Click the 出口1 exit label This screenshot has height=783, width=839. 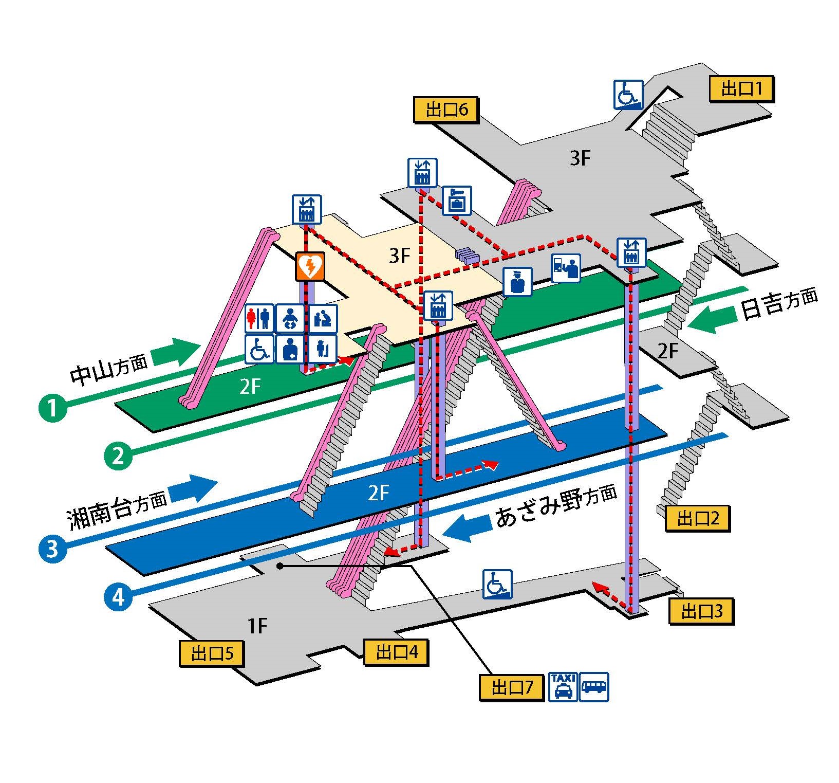(740, 89)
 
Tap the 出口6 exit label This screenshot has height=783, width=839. (446, 110)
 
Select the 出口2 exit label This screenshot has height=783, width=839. (697, 518)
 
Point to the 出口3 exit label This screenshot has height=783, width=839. (701, 611)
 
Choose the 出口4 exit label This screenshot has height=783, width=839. (396, 652)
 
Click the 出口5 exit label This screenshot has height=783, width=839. (211, 653)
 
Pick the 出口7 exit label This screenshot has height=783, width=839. (511, 687)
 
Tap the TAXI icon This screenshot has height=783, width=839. (563, 686)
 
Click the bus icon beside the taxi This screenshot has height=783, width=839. (594, 686)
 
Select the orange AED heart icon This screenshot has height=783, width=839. (310, 266)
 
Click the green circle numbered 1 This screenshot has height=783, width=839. (52, 408)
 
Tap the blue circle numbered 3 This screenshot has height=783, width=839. (52, 549)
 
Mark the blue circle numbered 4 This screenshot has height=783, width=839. (118, 596)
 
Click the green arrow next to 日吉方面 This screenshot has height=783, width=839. (709, 320)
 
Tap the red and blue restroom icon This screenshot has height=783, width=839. (259, 318)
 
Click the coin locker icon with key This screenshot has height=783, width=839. (456, 201)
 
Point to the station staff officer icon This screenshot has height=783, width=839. (517, 282)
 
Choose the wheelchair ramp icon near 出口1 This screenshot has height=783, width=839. (628, 95)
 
